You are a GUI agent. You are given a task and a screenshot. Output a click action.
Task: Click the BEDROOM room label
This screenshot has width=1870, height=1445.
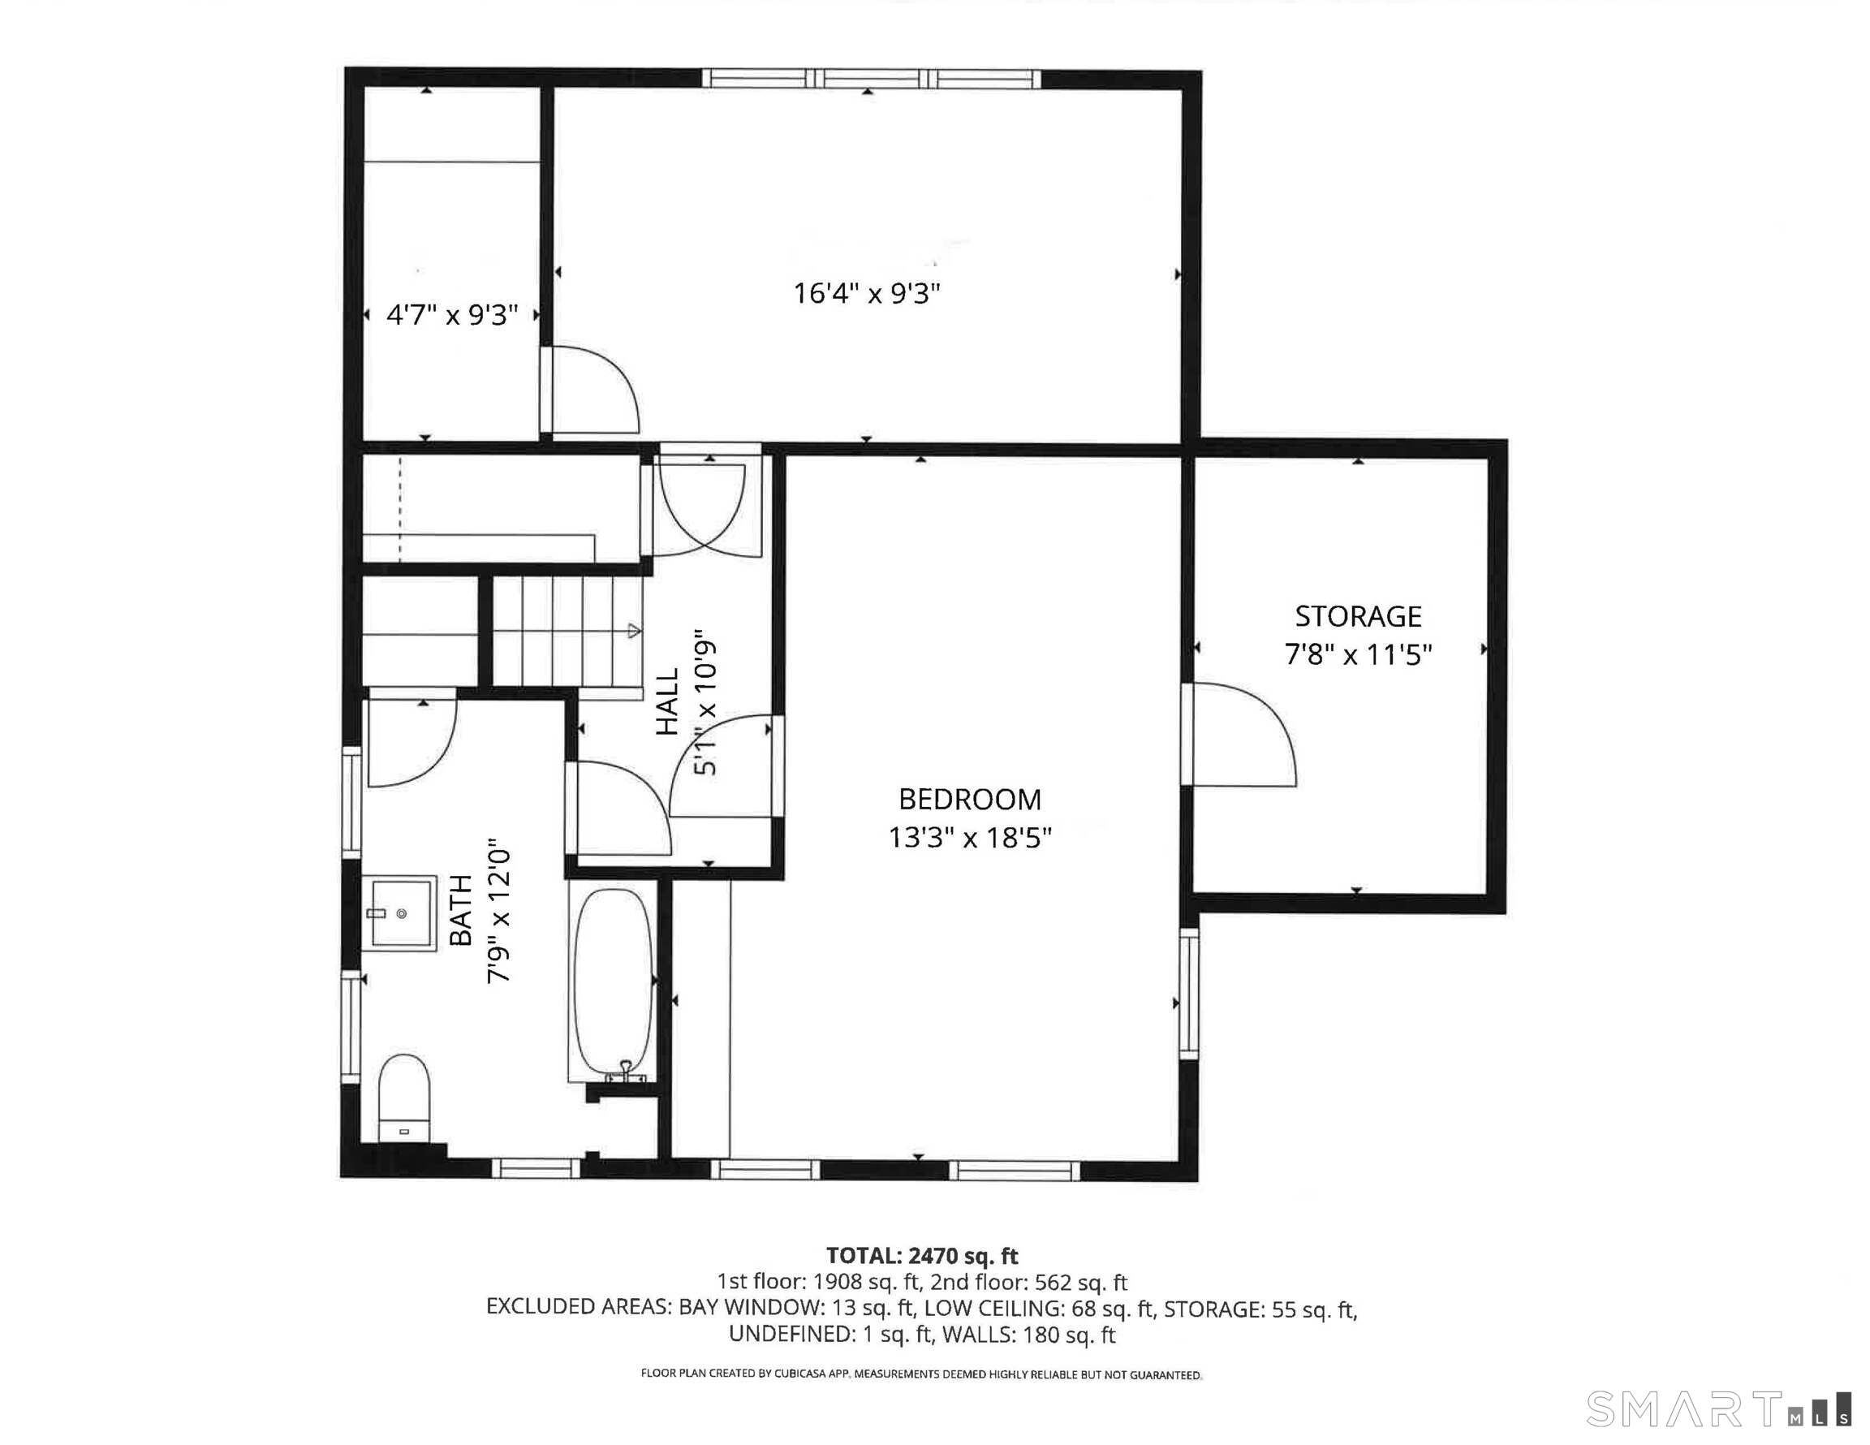point(969,799)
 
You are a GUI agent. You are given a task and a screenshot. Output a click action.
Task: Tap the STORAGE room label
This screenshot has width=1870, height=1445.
point(1357,616)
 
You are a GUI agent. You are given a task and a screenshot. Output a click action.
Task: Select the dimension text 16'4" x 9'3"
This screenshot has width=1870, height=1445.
point(867,294)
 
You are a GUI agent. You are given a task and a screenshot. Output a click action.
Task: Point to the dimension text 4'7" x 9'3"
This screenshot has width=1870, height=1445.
point(452,315)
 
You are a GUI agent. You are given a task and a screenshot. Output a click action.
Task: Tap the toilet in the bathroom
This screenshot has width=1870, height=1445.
point(403,1098)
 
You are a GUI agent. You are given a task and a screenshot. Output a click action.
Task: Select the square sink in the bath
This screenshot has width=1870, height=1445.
point(401,913)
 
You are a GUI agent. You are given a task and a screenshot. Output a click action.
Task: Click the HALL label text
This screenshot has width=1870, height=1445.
point(667,701)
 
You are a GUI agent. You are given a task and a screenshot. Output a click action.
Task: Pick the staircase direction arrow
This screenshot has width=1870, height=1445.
point(634,632)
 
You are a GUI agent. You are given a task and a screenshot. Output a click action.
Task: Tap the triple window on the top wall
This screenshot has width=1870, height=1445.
point(871,79)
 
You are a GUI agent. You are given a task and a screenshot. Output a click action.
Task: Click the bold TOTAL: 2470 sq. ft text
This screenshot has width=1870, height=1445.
point(921,1256)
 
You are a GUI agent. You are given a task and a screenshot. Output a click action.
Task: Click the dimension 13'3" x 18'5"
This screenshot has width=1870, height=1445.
point(969,837)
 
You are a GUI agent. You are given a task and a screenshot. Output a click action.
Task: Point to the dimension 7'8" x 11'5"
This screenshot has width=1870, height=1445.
point(1358,655)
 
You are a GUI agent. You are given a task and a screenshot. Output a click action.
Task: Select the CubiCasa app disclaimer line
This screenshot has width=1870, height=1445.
point(921,1374)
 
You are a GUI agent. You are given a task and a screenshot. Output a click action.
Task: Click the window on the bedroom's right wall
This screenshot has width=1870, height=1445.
point(1188,994)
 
